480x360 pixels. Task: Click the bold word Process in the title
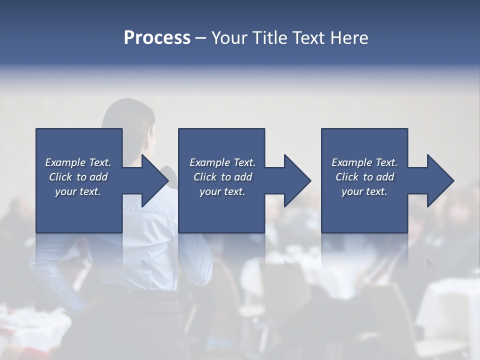(157, 38)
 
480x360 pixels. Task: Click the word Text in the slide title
(308, 38)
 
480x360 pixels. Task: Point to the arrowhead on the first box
(153, 180)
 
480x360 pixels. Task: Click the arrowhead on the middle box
(296, 180)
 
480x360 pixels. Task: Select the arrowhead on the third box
(439, 180)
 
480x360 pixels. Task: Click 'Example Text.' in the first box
(78, 162)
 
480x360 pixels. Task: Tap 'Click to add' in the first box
(78, 177)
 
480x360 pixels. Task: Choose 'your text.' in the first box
(78, 191)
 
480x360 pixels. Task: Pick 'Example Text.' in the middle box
(222, 162)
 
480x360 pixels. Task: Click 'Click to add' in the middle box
(222, 177)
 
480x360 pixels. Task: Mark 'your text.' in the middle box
(222, 191)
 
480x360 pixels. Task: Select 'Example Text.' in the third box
(364, 162)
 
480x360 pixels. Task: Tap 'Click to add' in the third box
(364, 177)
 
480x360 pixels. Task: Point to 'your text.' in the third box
(364, 191)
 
